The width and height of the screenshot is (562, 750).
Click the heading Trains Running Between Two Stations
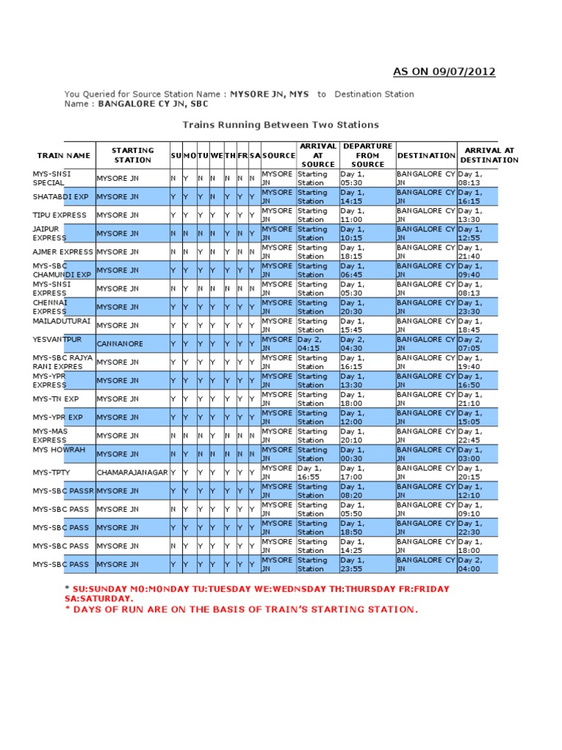point(280,125)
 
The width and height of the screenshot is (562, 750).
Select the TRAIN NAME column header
point(64,155)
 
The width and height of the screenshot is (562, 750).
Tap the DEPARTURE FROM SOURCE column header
point(367,155)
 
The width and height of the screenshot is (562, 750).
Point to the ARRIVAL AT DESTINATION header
point(489,155)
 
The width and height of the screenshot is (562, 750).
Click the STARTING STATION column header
point(132,155)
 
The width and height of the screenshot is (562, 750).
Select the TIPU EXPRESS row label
point(59,215)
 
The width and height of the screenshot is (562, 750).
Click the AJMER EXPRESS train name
point(63,252)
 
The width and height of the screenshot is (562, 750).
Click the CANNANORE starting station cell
point(120,344)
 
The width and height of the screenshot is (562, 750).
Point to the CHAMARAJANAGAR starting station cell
point(132,472)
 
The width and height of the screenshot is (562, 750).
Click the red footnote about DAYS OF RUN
point(241,610)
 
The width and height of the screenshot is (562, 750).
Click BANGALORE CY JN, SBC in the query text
point(148,104)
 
